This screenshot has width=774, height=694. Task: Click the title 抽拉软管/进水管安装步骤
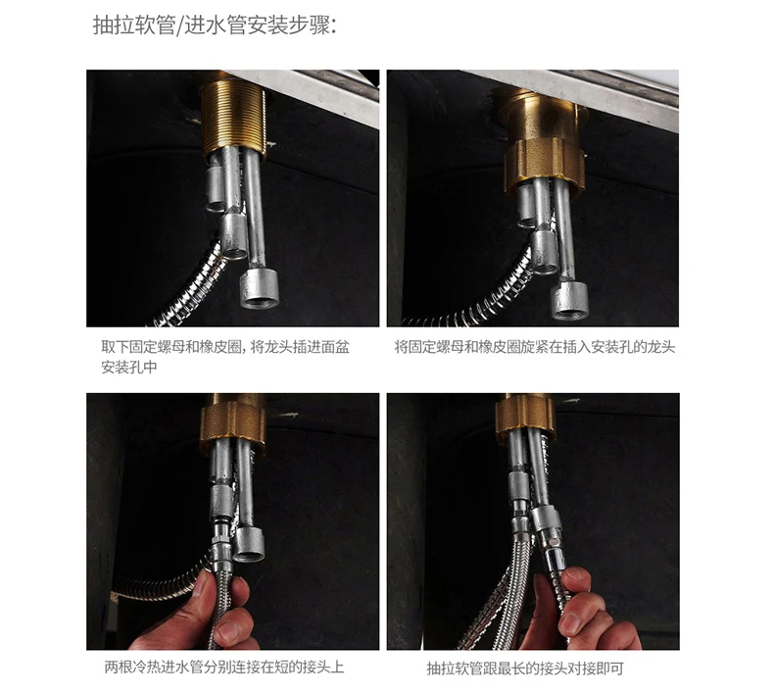[215, 25]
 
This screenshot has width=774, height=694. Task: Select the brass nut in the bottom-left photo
[232, 422]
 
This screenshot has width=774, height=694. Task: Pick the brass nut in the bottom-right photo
[526, 418]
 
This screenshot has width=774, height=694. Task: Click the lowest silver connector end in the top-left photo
[260, 289]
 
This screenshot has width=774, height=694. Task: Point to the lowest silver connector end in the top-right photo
[569, 300]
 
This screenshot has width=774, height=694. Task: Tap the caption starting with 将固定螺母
[535, 347]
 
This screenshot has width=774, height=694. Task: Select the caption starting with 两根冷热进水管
[224, 668]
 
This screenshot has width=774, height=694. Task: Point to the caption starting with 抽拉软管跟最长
[525, 669]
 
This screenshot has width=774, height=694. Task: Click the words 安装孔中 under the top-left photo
[129, 368]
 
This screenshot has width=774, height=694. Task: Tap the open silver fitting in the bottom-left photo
[248, 544]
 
